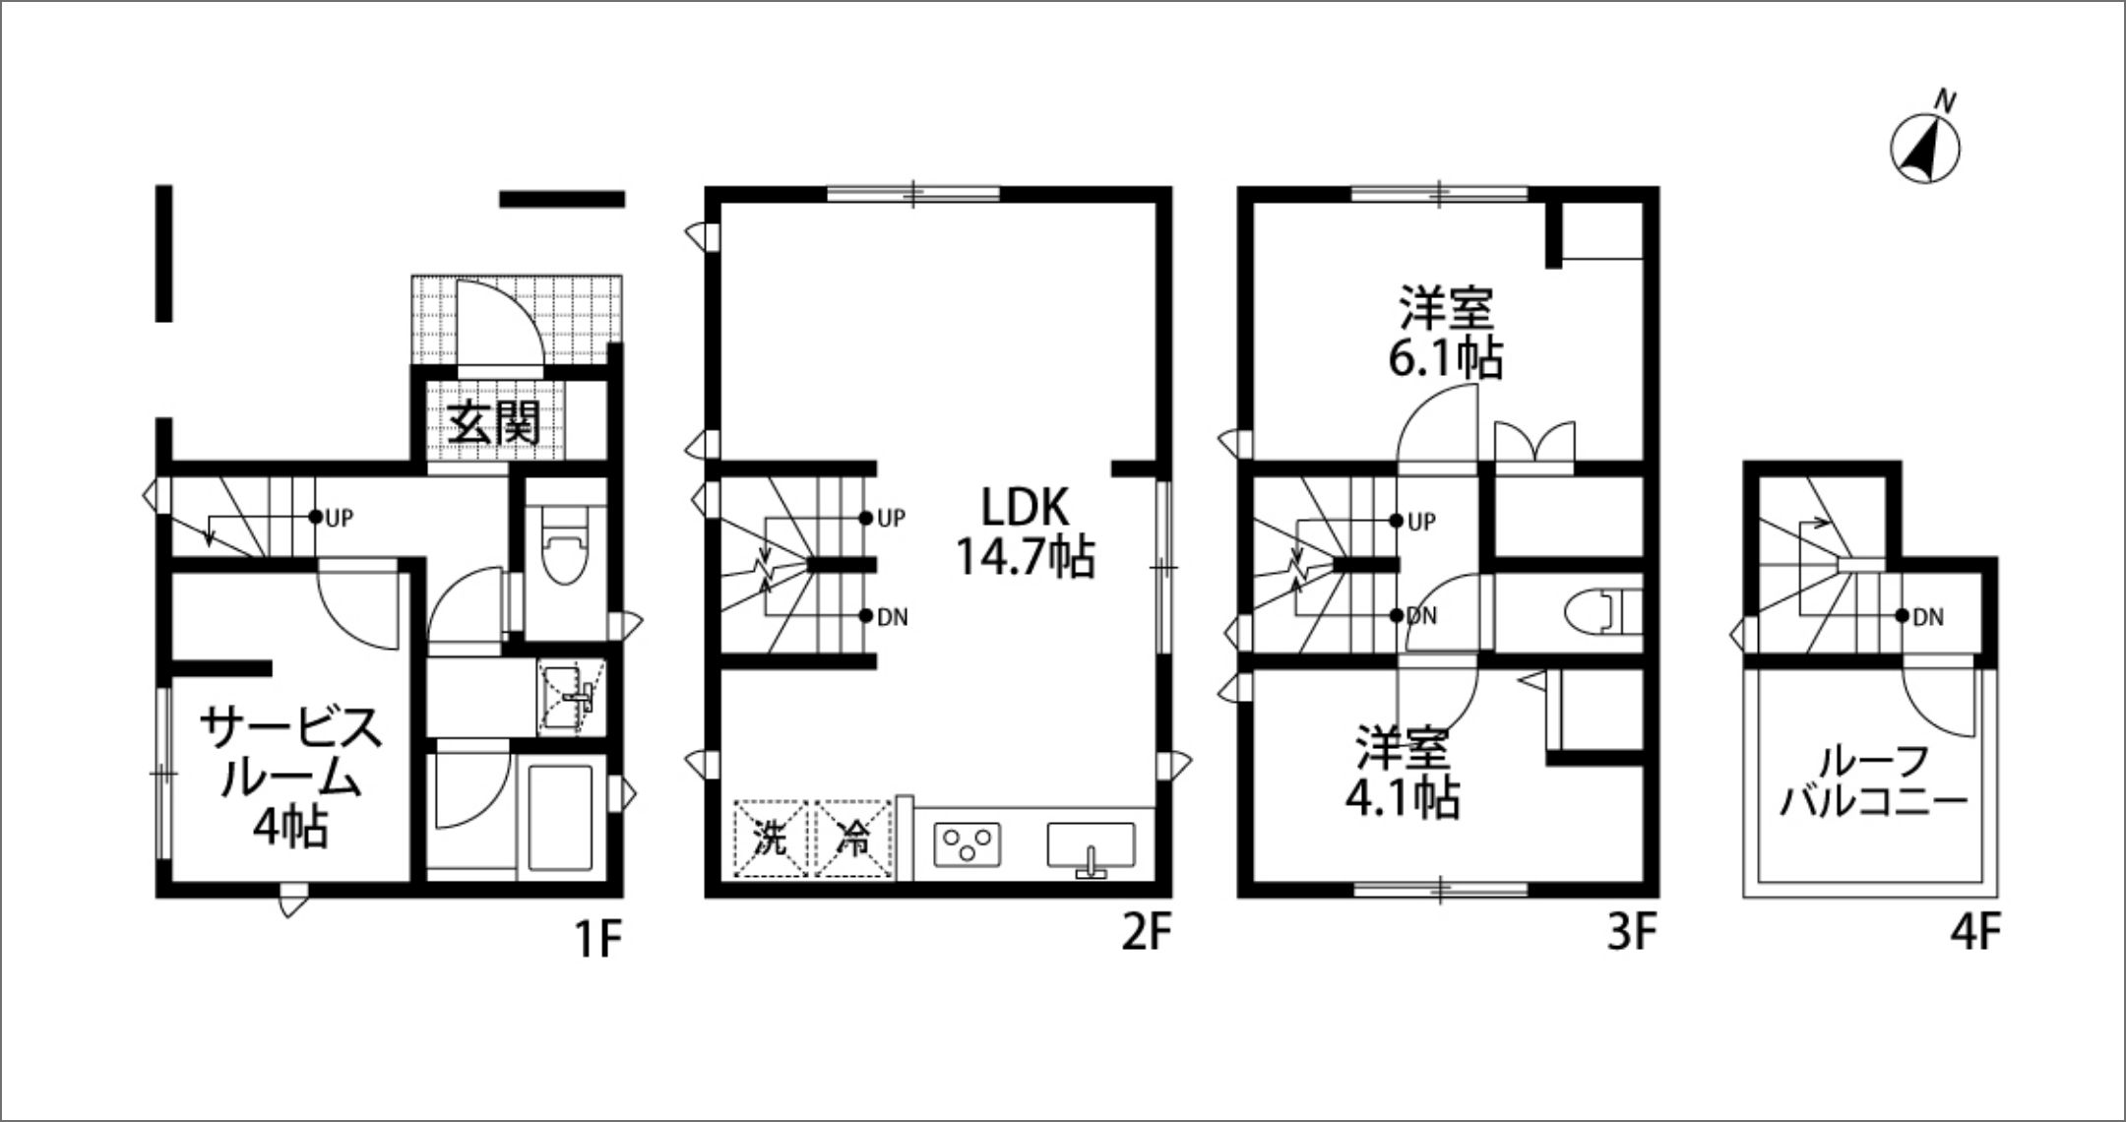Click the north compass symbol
coord(1925,149)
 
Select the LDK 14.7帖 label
coord(1025,531)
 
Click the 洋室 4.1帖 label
coord(1403,772)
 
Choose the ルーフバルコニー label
coord(1874,783)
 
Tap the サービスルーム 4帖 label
coord(290,777)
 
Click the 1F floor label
coord(597,938)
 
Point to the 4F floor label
coord(1976,934)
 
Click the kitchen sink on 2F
coord(1092,848)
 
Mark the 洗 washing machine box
coord(773,839)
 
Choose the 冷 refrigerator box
coord(853,839)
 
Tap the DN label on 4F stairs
coord(1929,618)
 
